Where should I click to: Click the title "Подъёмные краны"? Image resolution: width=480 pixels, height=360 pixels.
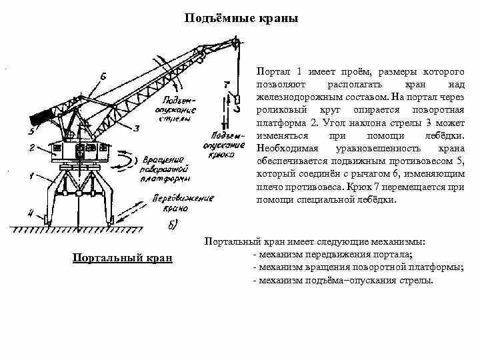[x=241, y=19]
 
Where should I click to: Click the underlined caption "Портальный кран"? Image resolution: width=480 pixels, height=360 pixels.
[x=122, y=258]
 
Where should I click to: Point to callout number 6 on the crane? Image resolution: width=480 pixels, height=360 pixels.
[x=103, y=76]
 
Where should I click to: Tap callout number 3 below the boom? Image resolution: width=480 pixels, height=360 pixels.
[x=135, y=127]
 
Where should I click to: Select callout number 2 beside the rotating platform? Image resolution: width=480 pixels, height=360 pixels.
[x=31, y=148]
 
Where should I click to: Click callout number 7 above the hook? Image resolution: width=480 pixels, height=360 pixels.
[x=227, y=85]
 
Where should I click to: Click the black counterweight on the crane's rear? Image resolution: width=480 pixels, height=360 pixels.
[x=43, y=118]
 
